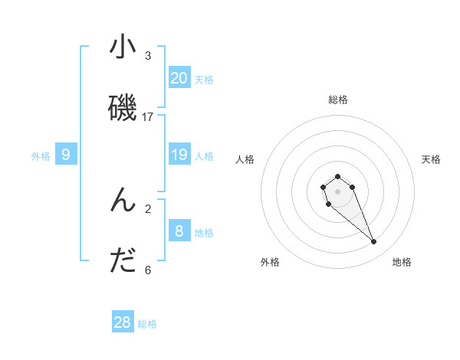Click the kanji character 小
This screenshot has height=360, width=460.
pos(123,47)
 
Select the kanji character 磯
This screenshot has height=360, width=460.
pos(123,108)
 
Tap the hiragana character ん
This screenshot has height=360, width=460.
pos(123,200)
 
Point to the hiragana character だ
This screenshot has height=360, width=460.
pos(123,261)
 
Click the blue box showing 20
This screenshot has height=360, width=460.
pos(179,77)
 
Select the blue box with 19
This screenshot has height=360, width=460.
pos(179,155)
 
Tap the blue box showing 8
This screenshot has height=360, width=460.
pos(179,231)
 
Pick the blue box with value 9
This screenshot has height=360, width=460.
pos(66,155)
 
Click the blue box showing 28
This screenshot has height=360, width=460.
pos(123,322)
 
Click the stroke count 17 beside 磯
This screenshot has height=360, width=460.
pos(148,116)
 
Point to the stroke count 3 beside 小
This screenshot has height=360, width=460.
pos(148,55)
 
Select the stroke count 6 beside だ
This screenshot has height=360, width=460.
pos(148,270)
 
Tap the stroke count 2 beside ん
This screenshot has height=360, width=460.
pos(148,208)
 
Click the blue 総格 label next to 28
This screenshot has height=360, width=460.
pos(147,324)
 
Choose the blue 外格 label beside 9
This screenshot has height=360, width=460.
pos(41,156)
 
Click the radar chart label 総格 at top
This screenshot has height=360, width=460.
pos(338,100)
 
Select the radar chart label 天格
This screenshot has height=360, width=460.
pos(431,159)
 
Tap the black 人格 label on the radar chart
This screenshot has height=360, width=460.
pos(245,159)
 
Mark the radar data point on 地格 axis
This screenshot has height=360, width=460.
pos(374,242)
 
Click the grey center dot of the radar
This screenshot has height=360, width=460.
pos(337,191)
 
